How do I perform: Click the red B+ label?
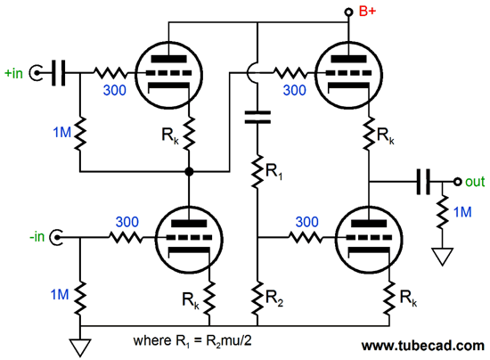point(367,11)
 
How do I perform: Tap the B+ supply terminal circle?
point(348,12)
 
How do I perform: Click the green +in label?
point(13,73)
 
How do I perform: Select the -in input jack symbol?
point(56,238)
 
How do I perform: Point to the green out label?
point(475,182)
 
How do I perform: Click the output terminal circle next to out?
point(457,182)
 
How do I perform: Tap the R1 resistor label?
point(274,172)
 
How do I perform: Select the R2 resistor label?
point(274,299)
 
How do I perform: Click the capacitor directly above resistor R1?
point(257,117)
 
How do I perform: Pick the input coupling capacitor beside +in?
point(59,73)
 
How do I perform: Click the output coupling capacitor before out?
point(424,182)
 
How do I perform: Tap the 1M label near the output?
point(462,212)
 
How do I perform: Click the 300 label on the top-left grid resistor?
point(115,90)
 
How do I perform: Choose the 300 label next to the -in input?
point(127,222)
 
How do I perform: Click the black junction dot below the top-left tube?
point(189,172)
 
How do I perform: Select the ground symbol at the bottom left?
point(80,348)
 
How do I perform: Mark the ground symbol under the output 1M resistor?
point(442,257)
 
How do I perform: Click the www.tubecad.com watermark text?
point(423,346)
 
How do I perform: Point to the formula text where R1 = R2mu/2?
point(192,341)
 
